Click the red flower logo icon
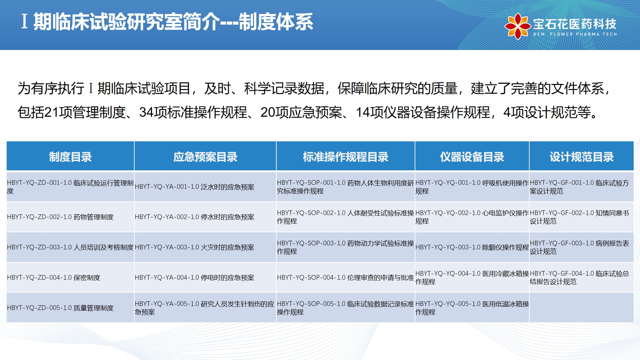coord(517,26)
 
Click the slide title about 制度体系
coord(167,22)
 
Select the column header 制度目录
coord(70,157)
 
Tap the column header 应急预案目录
coord(205,157)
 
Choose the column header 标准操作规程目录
coord(346,157)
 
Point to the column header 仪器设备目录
coord(472,157)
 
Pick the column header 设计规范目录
coord(582,157)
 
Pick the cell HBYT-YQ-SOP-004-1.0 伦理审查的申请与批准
coord(345,278)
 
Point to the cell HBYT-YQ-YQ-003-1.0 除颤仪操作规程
coord(472,247)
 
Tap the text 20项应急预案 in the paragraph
coord(301,112)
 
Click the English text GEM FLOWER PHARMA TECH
coord(575,34)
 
